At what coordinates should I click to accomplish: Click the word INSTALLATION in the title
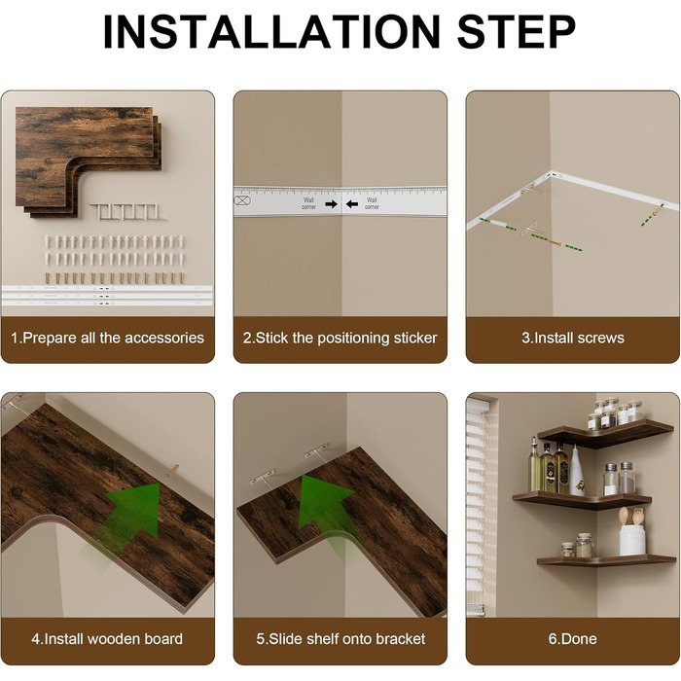click(271, 32)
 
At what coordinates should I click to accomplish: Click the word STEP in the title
click(517, 32)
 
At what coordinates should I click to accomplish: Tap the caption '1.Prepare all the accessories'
click(107, 338)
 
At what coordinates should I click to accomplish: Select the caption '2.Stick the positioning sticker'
click(340, 338)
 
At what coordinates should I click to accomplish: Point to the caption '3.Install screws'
click(573, 338)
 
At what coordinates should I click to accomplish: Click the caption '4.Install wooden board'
click(107, 639)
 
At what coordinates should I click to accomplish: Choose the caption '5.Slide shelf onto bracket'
click(340, 639)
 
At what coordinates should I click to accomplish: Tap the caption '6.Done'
click(572, 639)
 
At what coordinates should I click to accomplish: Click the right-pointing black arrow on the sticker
click(332, 203)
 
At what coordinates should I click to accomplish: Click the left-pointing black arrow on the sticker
click(352, 203)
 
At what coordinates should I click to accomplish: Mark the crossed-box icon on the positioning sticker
click(242, 200)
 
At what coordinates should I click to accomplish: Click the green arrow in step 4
click(130, 515)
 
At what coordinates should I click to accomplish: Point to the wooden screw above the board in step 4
click(172, 470)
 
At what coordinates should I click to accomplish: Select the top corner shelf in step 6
click(606, 433)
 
